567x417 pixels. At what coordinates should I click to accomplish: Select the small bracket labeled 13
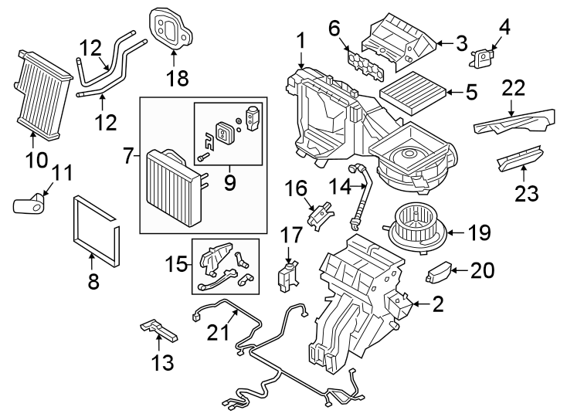pos(160,332)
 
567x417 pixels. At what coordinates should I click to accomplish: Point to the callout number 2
pos(437,304)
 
